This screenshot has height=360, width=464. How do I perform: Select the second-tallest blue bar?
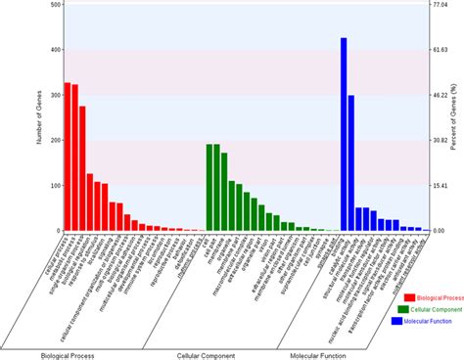(351, 162)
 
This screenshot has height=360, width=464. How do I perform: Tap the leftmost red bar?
(68, 157)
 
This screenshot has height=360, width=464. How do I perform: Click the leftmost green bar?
(209, 187)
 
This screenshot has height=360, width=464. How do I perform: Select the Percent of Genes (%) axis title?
(454, 117)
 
